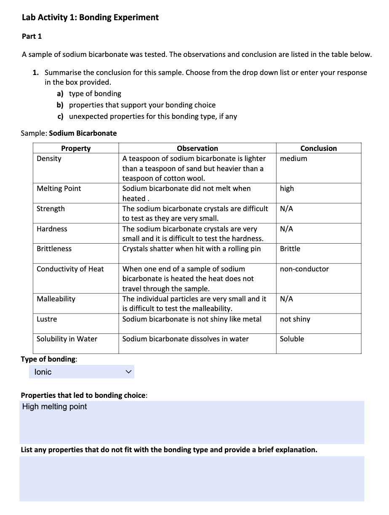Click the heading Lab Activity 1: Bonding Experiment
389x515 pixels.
point(90,18)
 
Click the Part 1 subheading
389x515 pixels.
point(32,37)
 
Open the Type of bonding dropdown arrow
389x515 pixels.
point(129,372)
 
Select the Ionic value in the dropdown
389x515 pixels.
point(43,372)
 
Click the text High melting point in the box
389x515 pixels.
point(55,407)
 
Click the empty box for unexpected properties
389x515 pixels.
point(192,478)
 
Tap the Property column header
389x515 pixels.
point(76,148)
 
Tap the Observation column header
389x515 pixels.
point(197,148)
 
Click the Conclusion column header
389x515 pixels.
point(318,148)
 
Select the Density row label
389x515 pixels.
point(49,158)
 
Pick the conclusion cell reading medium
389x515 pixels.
point(293,158)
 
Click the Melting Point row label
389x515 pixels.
point(59,188)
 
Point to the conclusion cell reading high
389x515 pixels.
point(287,188)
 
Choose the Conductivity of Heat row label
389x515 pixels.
point(70,269)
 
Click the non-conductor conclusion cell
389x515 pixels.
point(304,269)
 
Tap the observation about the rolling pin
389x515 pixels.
point(192,249)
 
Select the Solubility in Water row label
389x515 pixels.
point(67,339)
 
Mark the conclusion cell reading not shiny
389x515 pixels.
point(295,319)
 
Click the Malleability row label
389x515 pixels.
point(56,299)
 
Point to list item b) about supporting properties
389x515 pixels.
point(142,105)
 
